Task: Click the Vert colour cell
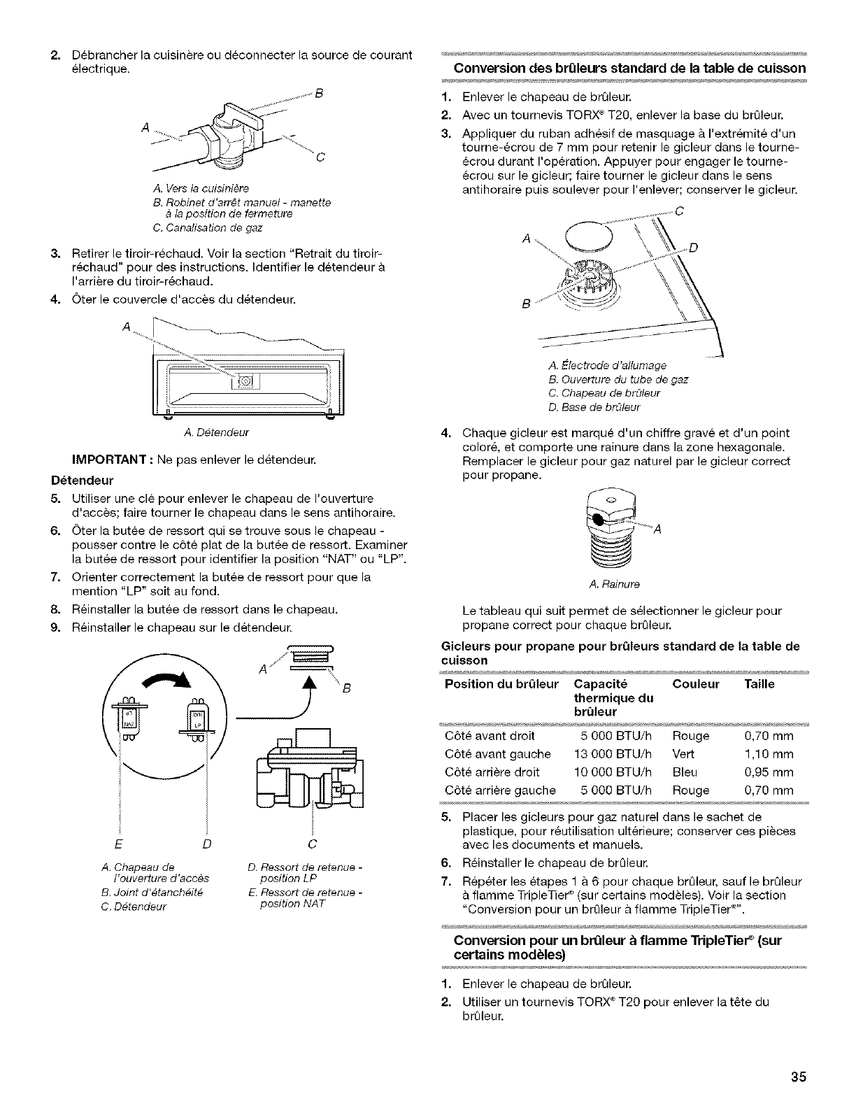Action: (683, 754)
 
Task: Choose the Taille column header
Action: (759, 684)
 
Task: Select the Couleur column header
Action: (695, 684)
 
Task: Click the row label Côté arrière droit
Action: (492, 772)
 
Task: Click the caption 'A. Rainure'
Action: (615, 583)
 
